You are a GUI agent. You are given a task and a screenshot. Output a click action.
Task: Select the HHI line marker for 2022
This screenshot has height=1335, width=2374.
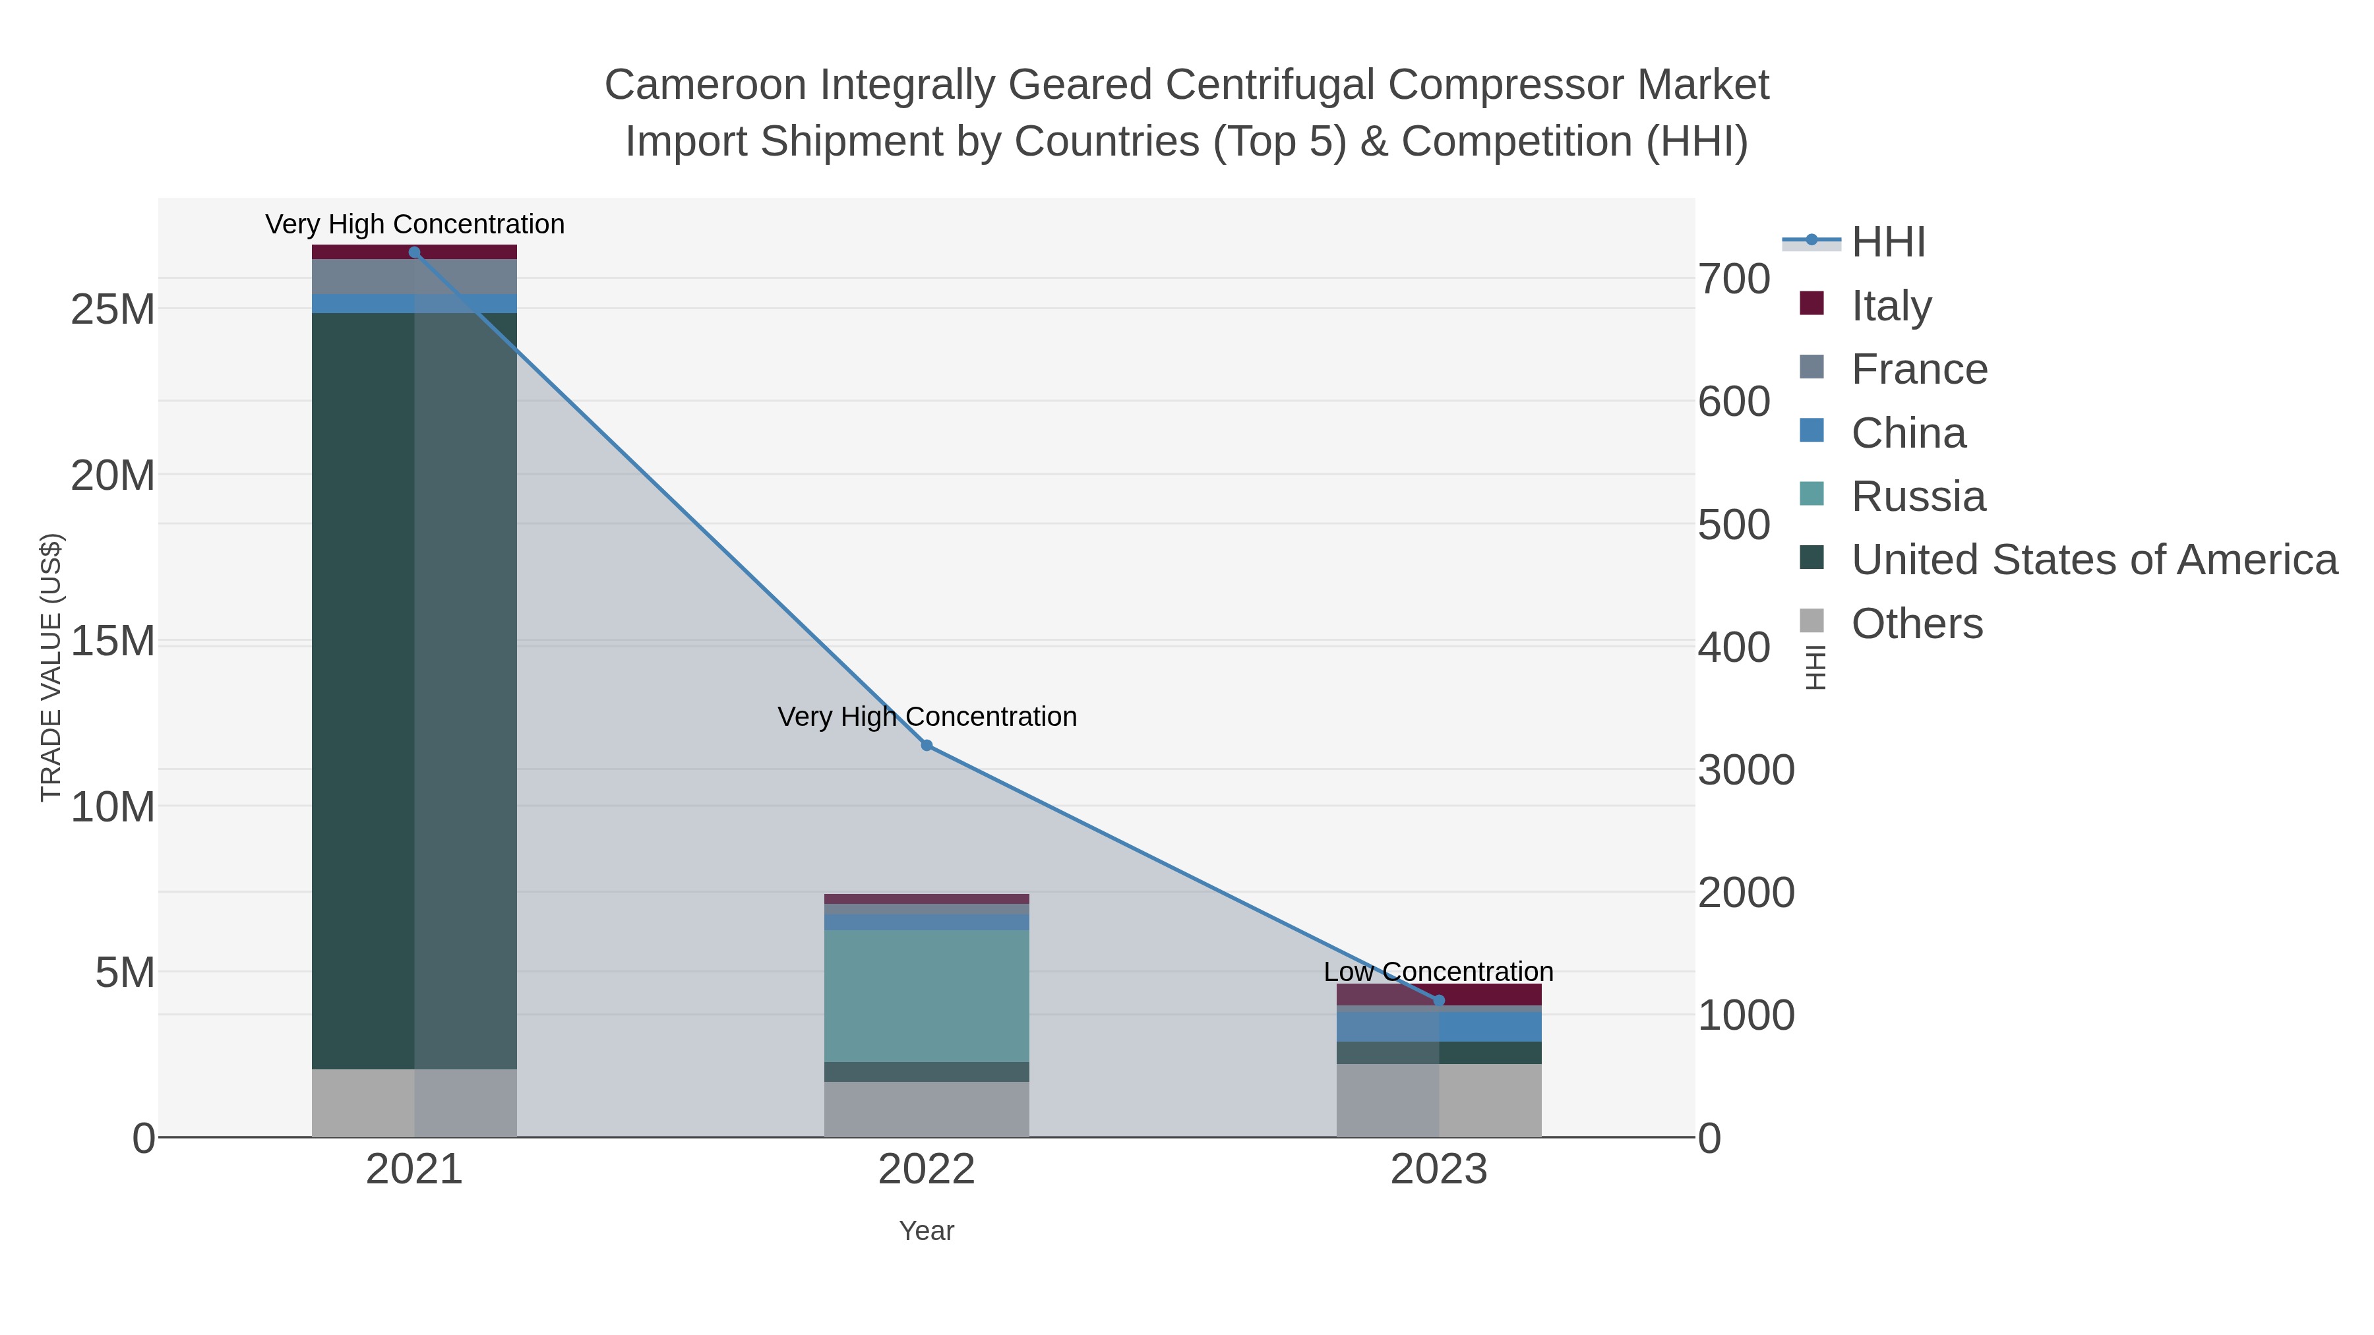pos(927,746)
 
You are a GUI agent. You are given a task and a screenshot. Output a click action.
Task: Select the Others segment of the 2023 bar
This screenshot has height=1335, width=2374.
pos(1439,1100)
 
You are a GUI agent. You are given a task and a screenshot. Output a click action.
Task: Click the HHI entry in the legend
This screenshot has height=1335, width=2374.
pos(1887,243)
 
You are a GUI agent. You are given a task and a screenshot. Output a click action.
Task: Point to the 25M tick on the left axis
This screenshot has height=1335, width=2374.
pos(112,311)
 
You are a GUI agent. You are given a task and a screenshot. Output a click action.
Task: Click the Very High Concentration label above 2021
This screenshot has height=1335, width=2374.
pos(415,225)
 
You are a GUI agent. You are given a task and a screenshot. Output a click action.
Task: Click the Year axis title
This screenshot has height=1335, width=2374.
pos(927,1231)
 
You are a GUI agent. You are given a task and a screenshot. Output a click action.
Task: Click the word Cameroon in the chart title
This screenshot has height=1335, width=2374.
pos(704,86)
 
